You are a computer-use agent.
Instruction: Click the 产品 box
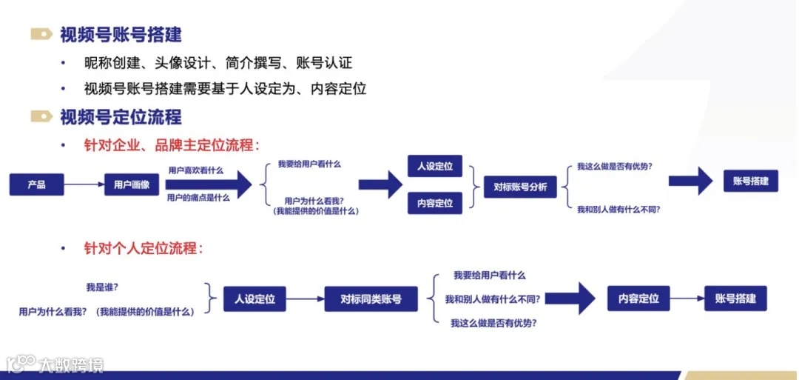pos(36,184)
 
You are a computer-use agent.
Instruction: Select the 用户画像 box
pos(132,184)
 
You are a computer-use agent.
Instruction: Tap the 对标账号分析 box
pos(520,187)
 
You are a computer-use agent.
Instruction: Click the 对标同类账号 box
pos(371,299)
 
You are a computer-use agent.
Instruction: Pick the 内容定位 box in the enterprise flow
pos(435,203)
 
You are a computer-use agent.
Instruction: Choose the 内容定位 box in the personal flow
pos(638,299)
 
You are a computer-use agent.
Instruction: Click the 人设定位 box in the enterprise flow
pos(435,167)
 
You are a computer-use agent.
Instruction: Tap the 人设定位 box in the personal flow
pos(254,299)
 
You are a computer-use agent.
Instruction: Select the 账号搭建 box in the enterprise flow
pos(750,181)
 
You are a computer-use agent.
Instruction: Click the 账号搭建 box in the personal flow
pos(735,299)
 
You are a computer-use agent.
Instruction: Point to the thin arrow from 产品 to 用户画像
pos(84,184)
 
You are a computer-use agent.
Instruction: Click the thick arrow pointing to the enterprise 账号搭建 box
pos(690,181)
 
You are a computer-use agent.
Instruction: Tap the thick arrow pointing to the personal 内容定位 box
pos(576,299)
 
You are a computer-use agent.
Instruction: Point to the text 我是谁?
pos(102,287)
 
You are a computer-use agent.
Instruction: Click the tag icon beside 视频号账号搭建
pos(41,34)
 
